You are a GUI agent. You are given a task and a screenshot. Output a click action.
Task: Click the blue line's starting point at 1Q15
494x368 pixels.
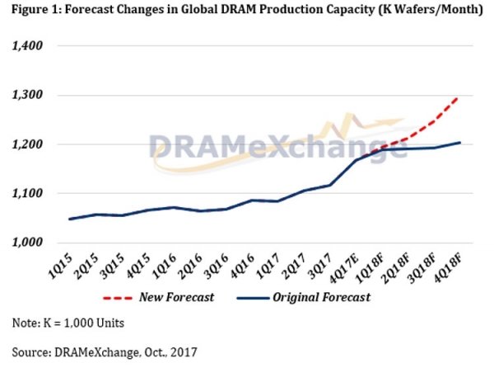pos(70,219)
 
